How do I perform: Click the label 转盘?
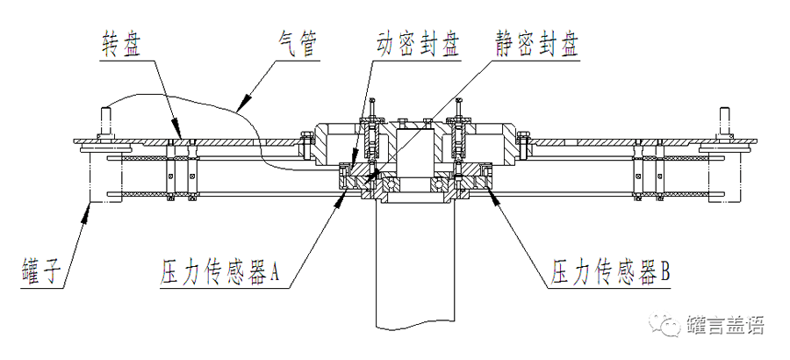[120, 45]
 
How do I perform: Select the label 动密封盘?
[418, 46]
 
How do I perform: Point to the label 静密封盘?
[537, 46]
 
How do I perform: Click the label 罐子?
[42, 272]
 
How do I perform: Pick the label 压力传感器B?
[611, 272]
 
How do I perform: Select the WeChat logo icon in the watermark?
[664, 325]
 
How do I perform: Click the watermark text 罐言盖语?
[725, 325]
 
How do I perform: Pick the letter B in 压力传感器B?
[664, 273]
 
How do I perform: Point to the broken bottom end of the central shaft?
[414, 326]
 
